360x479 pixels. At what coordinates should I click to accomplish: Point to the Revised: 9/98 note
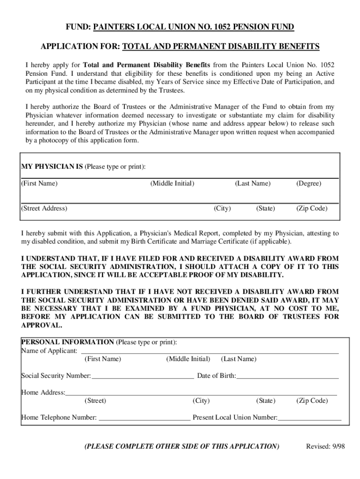click(x=325, y=446)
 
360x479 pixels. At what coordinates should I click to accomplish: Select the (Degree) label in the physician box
click(x=309, y=183)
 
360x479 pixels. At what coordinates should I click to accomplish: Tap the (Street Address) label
click(x=44, y=208)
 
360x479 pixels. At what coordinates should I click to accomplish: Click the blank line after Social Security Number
click(x=143, y=376)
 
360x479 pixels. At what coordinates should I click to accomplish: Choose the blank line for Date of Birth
click(x=288, y=376)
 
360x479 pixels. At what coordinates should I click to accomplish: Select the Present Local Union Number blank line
click(x=310, y=418)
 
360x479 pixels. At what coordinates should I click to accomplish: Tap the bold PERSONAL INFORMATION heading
click(x=67, y=342)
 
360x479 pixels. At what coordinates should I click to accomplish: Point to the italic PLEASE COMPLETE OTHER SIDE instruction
click(x=181, y=446)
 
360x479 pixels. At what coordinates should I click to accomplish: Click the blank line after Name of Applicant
click(x=210, y=351)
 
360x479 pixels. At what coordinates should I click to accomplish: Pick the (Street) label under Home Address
click(x=95, y=401)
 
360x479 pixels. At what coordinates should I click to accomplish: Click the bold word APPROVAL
click(x=41, y=325)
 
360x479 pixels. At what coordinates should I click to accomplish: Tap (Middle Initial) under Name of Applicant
click(x=188, y=359)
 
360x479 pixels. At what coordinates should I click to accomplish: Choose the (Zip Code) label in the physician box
click(x=312, y=208)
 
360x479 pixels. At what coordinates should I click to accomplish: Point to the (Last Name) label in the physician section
click(x=252, y=183)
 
